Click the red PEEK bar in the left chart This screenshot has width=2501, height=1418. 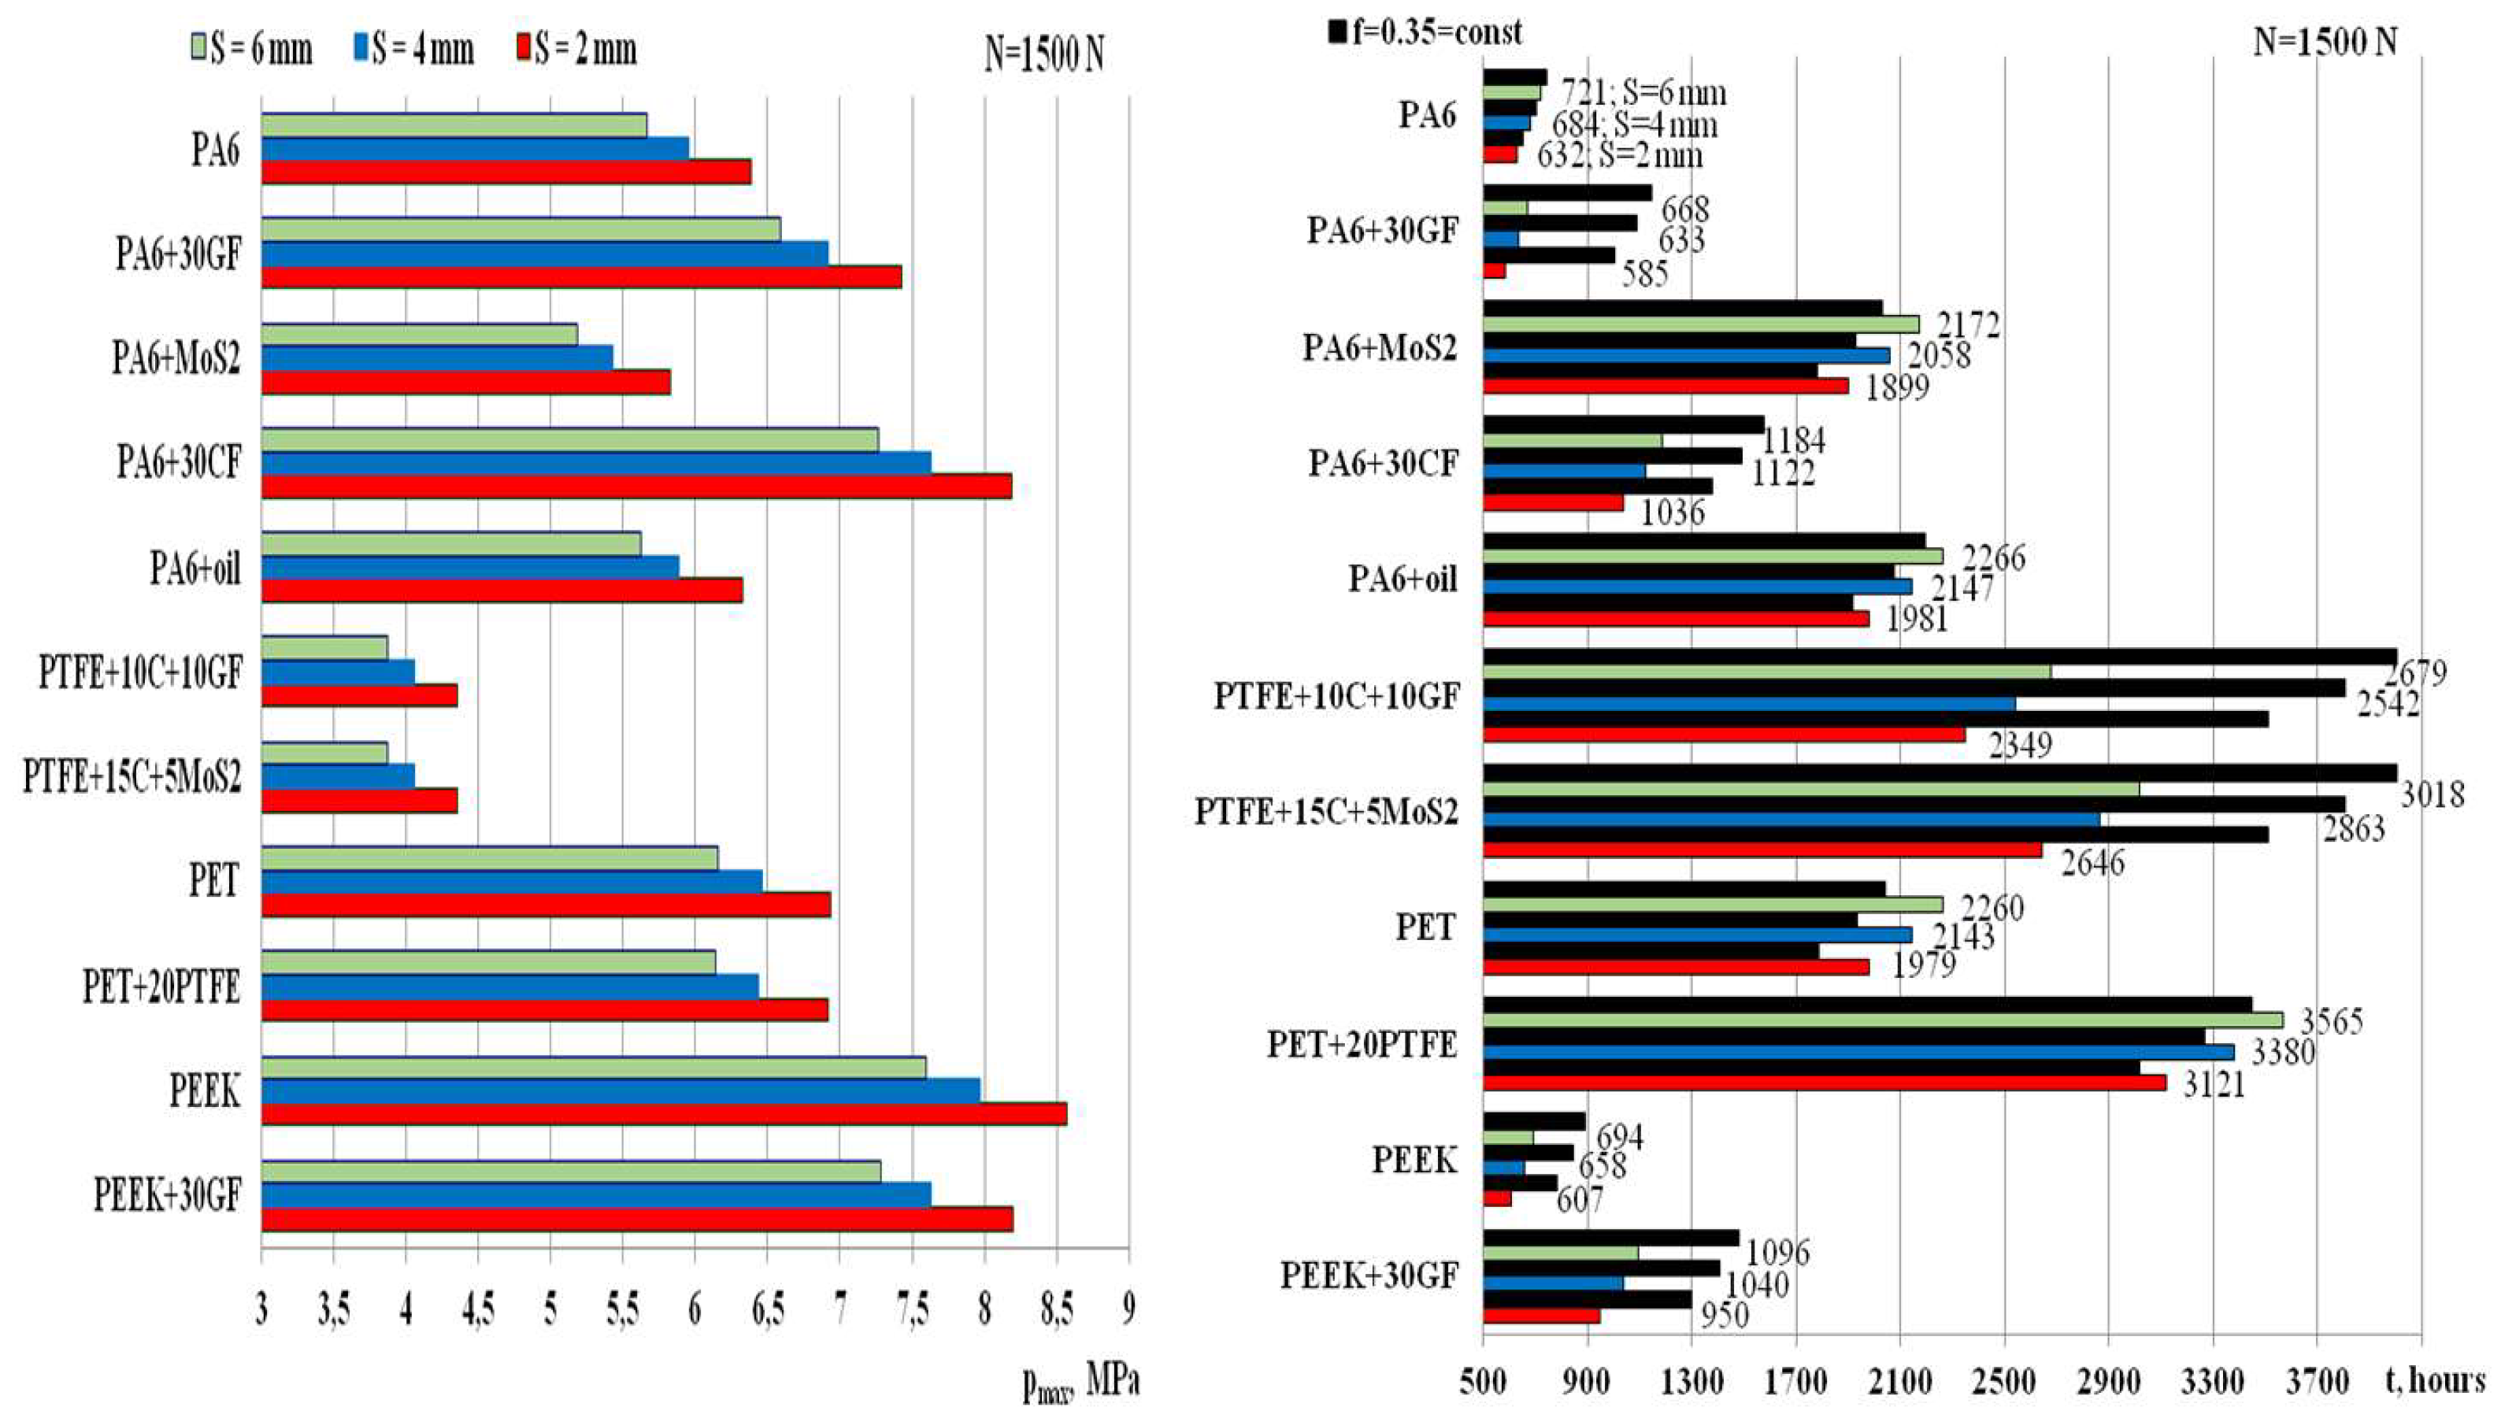click(662, 1114)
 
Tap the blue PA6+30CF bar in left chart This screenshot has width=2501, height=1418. click(594, 463)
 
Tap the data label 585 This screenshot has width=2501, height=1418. click(1645, 275)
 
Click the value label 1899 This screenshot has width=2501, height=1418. click(1897, 387)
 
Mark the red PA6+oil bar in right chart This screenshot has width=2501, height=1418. click(1675, 618)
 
